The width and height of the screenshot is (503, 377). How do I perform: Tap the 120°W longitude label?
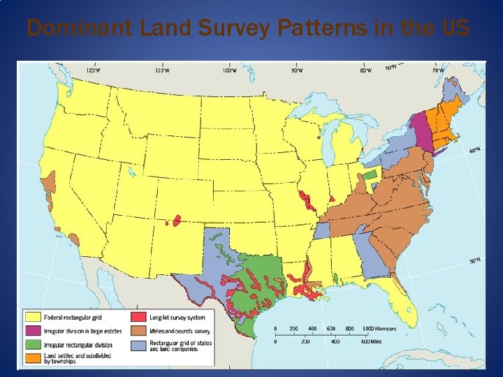(x=92, y=70)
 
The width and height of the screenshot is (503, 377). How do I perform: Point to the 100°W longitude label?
(x=230, y=70)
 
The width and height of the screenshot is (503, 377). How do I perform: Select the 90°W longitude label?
(x=296, y=70)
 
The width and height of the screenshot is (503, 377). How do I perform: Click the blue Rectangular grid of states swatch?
(x=138, y=343)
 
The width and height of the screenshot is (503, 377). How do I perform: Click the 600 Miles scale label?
(x=369, y=341)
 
